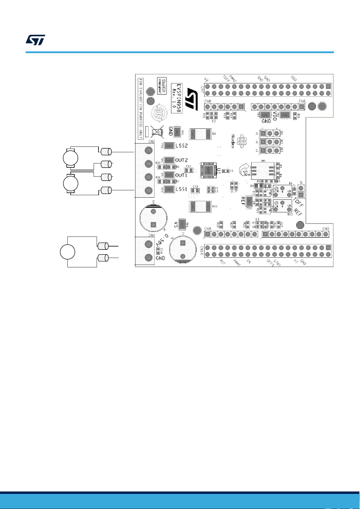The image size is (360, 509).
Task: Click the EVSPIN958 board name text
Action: [179, 98]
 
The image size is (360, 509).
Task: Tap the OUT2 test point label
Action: [182, 160]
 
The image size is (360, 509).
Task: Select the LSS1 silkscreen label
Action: [182, 189]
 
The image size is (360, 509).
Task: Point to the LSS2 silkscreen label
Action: [182, 146]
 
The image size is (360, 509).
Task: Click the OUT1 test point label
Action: [182, 175]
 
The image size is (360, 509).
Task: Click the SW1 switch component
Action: [262, 171]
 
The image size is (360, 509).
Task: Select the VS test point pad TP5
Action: [182, 224]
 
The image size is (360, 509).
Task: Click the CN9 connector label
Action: [207, 229]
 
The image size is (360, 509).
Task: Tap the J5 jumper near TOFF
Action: [301, 192]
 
